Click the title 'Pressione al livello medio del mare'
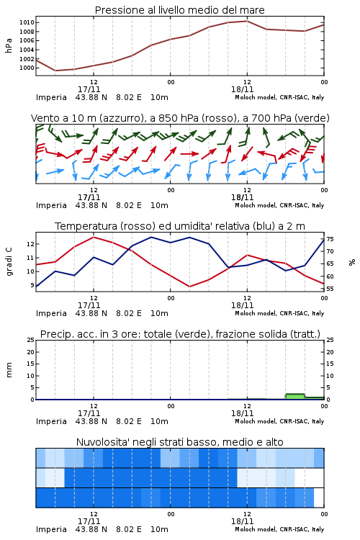pos(179,10)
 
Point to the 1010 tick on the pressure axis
pos(27,23)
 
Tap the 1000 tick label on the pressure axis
pos(27,68)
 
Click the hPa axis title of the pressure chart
pos(9,45)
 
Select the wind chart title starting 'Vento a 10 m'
pos(180,118)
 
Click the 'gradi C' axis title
pos(9,262)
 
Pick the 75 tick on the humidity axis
pos(330,239)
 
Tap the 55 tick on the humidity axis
pos(330,289)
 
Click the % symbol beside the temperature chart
pos(352,262)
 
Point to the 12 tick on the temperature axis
pos(31,244)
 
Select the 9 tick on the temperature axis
pos(32,285)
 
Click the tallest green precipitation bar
pos(295,397)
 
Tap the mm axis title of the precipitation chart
pos(9,370)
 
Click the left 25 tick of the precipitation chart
pos(31,340)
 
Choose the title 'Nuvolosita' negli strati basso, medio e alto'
pos(179,442)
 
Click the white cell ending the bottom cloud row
pos(319,498)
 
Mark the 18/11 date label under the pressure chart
pos(242,89)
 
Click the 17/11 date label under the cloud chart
pos(89,521)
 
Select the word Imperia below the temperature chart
pos(51,313)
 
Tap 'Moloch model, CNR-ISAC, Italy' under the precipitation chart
pos(279,421)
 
